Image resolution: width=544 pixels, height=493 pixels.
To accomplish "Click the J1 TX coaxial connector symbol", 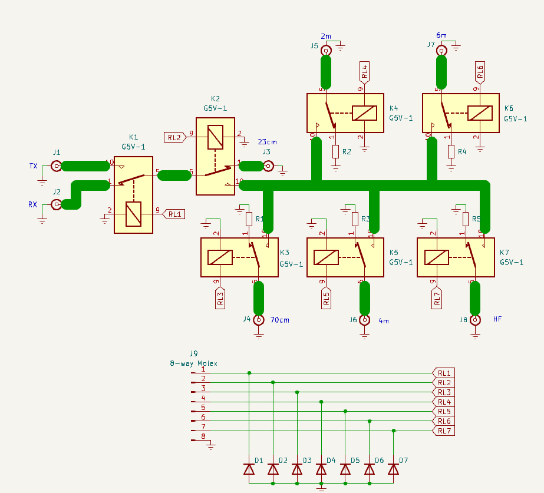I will click(57, 166).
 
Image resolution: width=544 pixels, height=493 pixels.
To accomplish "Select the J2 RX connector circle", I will click(57, 204).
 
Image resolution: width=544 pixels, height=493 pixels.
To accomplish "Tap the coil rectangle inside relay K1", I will click(134, 213).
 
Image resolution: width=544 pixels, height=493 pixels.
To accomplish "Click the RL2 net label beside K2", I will click(174, 137).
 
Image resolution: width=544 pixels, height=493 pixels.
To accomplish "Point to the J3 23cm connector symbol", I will click(268, 167).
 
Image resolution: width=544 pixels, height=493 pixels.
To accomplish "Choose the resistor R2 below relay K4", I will click(336, 152).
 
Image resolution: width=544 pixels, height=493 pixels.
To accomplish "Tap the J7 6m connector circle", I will click(441, 51).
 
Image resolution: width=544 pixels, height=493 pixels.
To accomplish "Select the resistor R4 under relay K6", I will click(451, 152).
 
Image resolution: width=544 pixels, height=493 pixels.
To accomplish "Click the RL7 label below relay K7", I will click(437, 297).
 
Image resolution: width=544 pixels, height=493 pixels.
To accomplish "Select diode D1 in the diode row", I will click(249, 469).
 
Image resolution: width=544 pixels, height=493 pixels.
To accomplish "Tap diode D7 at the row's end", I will click(394, 469).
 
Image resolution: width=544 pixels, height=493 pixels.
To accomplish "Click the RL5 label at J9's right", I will click(444, 411).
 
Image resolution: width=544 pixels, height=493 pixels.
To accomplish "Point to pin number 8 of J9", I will click(203, 436).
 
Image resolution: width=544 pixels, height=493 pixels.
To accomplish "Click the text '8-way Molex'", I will click(193, 363).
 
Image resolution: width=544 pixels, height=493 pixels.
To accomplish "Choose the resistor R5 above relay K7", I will click(466, 219).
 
